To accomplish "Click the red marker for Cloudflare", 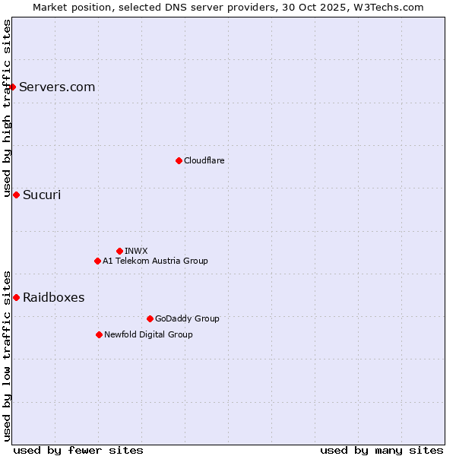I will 179,160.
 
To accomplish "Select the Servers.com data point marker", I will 12,87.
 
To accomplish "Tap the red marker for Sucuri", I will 16,195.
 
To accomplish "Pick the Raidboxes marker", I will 16,297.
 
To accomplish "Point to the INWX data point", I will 119,251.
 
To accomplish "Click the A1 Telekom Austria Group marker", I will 97,261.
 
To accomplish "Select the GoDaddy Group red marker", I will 150,318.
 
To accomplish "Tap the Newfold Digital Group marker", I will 99,334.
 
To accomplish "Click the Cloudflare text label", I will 204,160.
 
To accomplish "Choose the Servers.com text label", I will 57,87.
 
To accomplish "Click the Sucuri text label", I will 42,195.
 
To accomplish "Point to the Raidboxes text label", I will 53,297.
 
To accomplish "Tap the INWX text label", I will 136,251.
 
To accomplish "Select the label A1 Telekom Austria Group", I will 155,261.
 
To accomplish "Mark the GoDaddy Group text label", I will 187,318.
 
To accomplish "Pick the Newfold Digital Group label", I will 148,334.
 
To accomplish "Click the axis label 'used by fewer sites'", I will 78,450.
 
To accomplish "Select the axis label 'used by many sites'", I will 382,450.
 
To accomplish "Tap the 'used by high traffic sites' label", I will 7,108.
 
